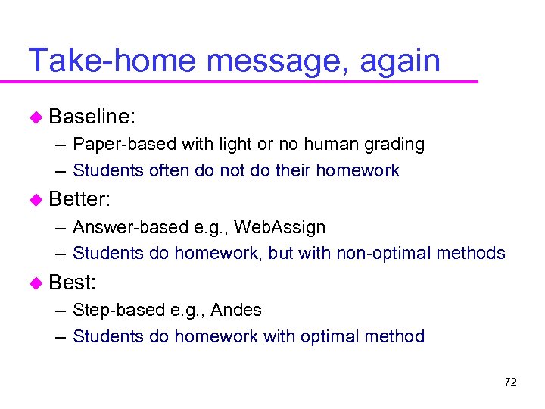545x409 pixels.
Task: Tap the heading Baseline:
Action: (92, 117)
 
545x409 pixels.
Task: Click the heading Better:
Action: (79, 200)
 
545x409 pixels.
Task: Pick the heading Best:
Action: (72, 283)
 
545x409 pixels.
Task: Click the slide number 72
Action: (510, 382)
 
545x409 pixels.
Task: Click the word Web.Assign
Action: (279, 227)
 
